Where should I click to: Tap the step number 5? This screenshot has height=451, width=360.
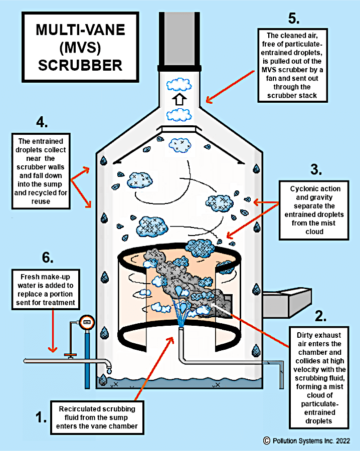(x=293, y=19)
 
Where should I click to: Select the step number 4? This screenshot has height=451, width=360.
(x=42, y=122)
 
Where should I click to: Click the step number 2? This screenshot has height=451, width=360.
(x=320, y=316)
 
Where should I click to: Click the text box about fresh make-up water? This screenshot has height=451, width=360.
(x=48, y=290)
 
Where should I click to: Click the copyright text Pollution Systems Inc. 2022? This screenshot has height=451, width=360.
(x=309, y=440)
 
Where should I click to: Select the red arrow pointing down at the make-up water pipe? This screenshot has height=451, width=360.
(x=51, y=331)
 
